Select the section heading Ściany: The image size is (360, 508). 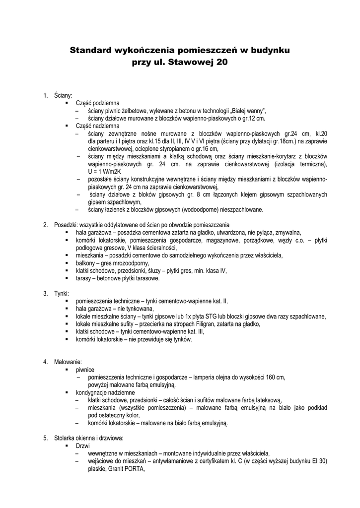click(63, 95)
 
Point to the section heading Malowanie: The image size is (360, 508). click(68, 362)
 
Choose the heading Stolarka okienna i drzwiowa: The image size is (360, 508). click(88, 438)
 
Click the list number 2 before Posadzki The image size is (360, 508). click(45, 225)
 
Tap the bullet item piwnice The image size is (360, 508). click(85, 370)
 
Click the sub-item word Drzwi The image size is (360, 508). click(82, 445)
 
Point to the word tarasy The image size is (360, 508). click(84, 278)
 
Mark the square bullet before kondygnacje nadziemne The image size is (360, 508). click(66, 392)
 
